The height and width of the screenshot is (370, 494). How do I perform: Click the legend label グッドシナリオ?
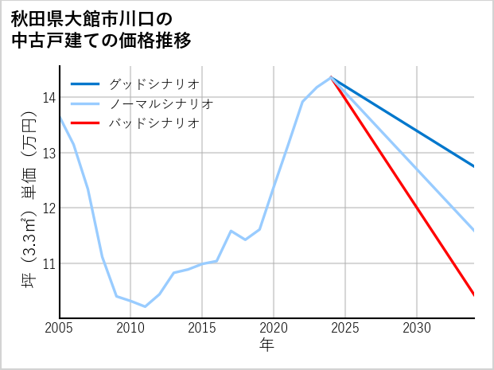154,84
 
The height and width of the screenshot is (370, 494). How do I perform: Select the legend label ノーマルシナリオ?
161,103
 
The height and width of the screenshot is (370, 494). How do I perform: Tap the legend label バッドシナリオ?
154,123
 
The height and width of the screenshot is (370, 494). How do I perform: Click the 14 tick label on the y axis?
49,98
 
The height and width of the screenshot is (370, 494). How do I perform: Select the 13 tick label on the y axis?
49,153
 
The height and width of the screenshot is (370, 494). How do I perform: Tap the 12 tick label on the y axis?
49,208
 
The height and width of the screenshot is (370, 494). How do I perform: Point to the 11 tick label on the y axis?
49,263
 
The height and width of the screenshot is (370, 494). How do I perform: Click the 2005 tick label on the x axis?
60,329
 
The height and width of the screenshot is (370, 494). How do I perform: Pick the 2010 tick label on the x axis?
131,329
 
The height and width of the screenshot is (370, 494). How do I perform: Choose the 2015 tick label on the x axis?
203,329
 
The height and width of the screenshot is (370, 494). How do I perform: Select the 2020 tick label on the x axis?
274,329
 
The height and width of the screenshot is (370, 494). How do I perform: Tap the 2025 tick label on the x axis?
345,329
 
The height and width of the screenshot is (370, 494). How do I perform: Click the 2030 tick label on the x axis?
417,329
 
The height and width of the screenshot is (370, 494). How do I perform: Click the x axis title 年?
266,345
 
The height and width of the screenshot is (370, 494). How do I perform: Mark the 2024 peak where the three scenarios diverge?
331,77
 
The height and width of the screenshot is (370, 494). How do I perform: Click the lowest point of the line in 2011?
145,306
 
